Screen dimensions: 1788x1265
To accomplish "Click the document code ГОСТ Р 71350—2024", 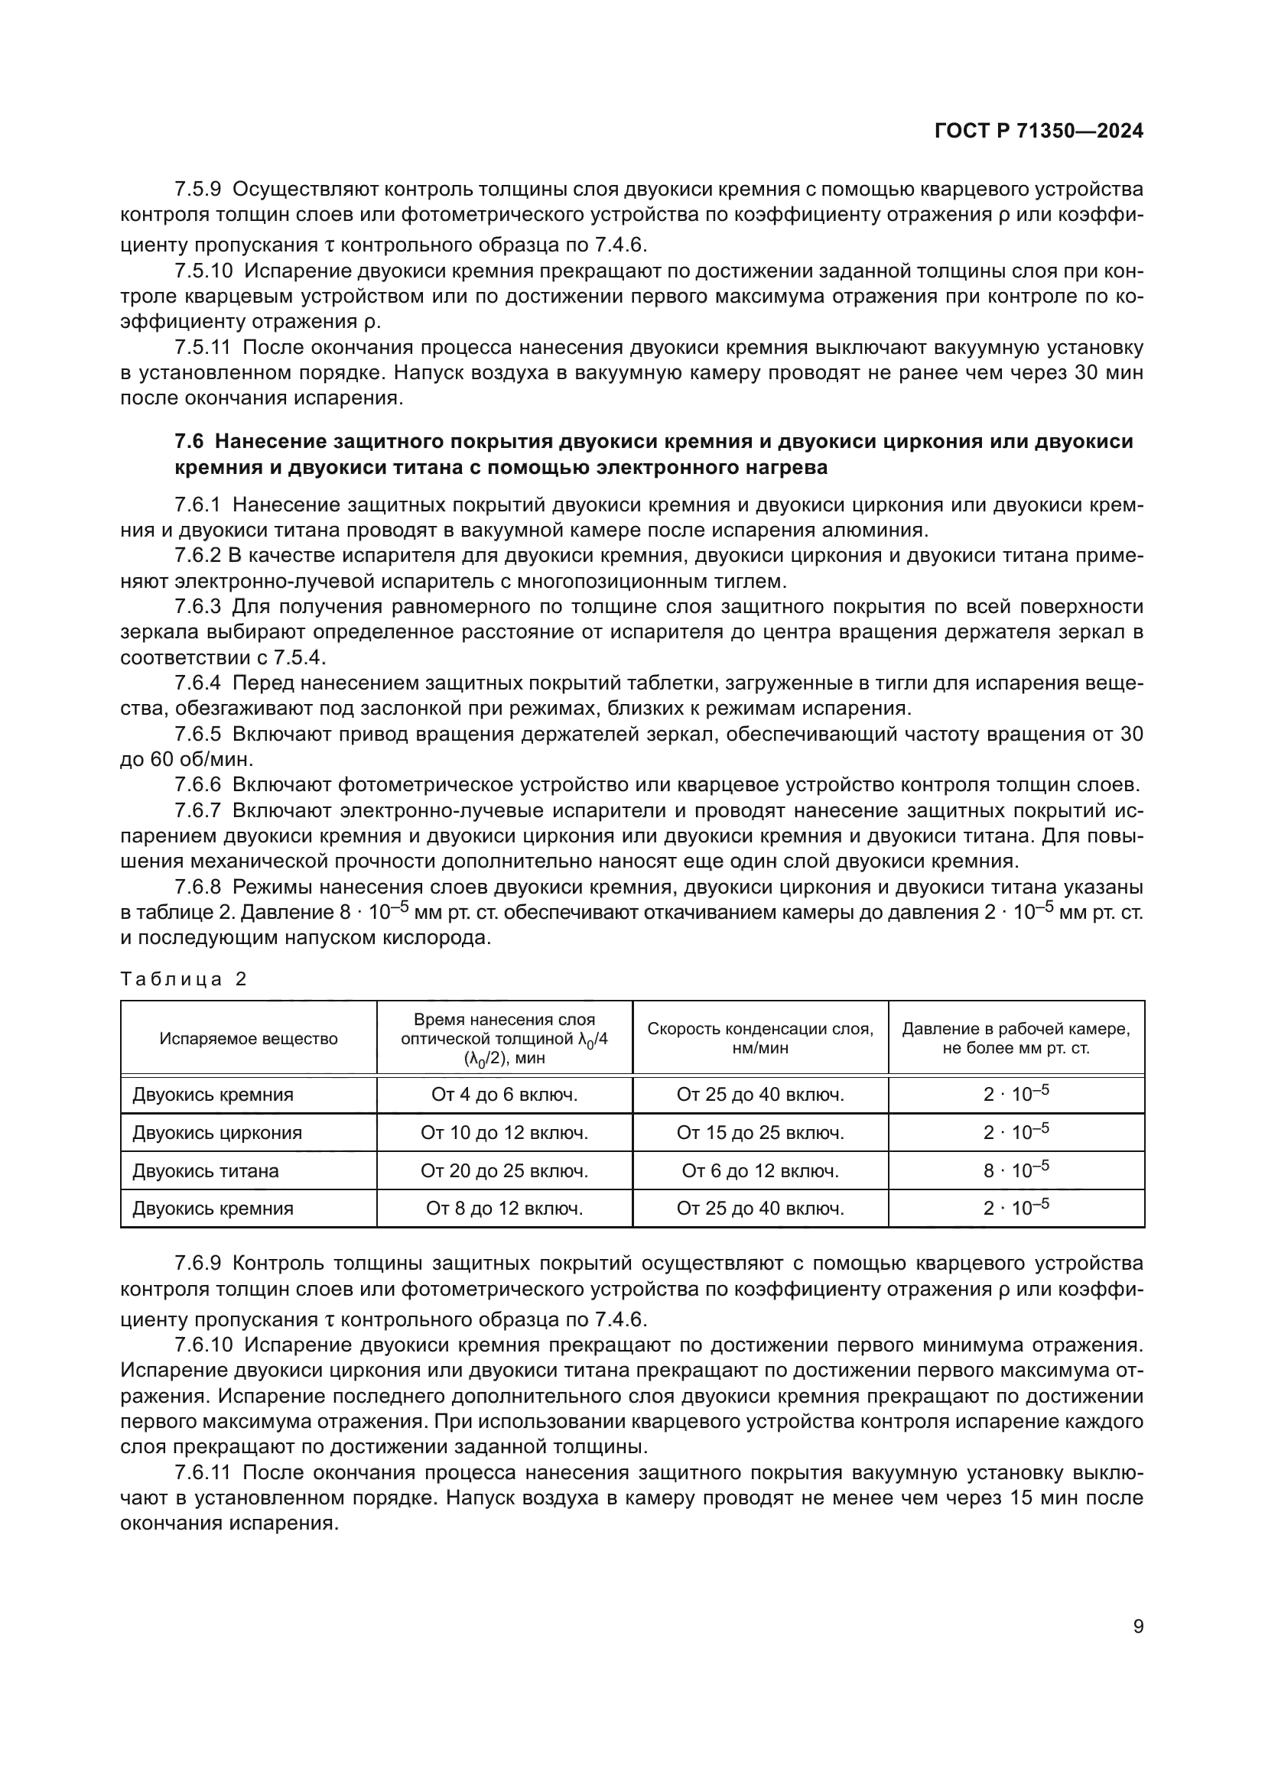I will click(x=1039, y=131).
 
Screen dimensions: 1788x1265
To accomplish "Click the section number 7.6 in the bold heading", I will click(x=189, y=442).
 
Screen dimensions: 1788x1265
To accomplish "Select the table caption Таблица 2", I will click(x=184, y=980).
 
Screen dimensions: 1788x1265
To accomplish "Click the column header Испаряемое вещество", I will click(x=249, y=1038).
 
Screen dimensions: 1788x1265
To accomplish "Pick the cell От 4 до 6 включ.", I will click(x=504, y=1095).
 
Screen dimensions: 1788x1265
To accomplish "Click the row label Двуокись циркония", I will click(x=216, y=1133).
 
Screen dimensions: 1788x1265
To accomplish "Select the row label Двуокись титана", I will click(x=205, y=1171).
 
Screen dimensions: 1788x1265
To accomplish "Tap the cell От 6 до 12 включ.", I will click(x=759, y=1171).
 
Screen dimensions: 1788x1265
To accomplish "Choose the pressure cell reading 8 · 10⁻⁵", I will click(x=1016, y=1170).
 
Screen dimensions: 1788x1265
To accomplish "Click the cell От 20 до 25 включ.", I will click(x=504, y=1171).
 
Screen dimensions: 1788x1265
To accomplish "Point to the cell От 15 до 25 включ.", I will click(x=759, y=1133).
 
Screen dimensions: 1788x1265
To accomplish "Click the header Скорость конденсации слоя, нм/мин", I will click(x=759, y=1038).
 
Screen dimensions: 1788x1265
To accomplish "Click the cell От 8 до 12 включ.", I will click(x=504, y=1209).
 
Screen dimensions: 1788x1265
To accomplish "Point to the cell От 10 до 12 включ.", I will click(x=504, y=1133).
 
